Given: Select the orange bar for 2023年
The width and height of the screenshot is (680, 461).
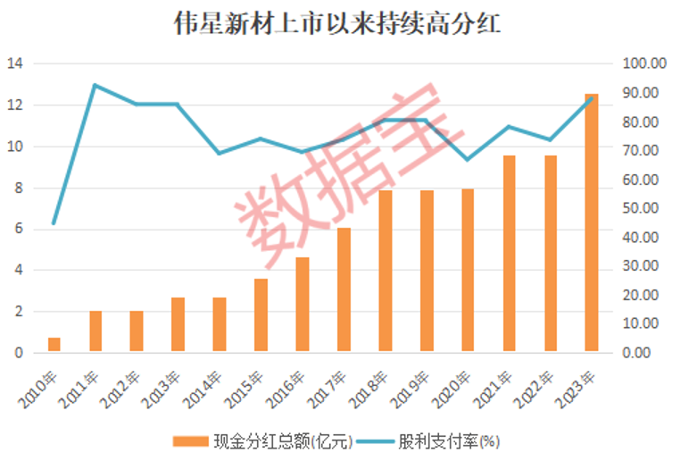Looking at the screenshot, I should tap(591, 223).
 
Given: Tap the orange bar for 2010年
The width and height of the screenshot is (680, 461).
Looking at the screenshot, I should tap(54, 345).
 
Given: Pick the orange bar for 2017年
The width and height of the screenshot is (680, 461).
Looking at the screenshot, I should tap(344, 290).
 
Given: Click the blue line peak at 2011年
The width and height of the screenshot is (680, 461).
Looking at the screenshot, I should tap(95, 86).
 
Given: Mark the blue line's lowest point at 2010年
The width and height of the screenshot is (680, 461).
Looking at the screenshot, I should tap(54, 223).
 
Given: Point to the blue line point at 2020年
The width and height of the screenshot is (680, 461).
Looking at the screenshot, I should tap(468, 160).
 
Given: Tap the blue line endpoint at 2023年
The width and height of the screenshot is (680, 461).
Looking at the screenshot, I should tap(591, 97).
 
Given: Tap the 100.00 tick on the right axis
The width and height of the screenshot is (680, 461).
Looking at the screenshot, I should tap(644, 64).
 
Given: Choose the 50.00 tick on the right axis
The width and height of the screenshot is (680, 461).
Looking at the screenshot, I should tap(644, 209).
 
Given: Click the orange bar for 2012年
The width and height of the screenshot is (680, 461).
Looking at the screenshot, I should tap(137, 331).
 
